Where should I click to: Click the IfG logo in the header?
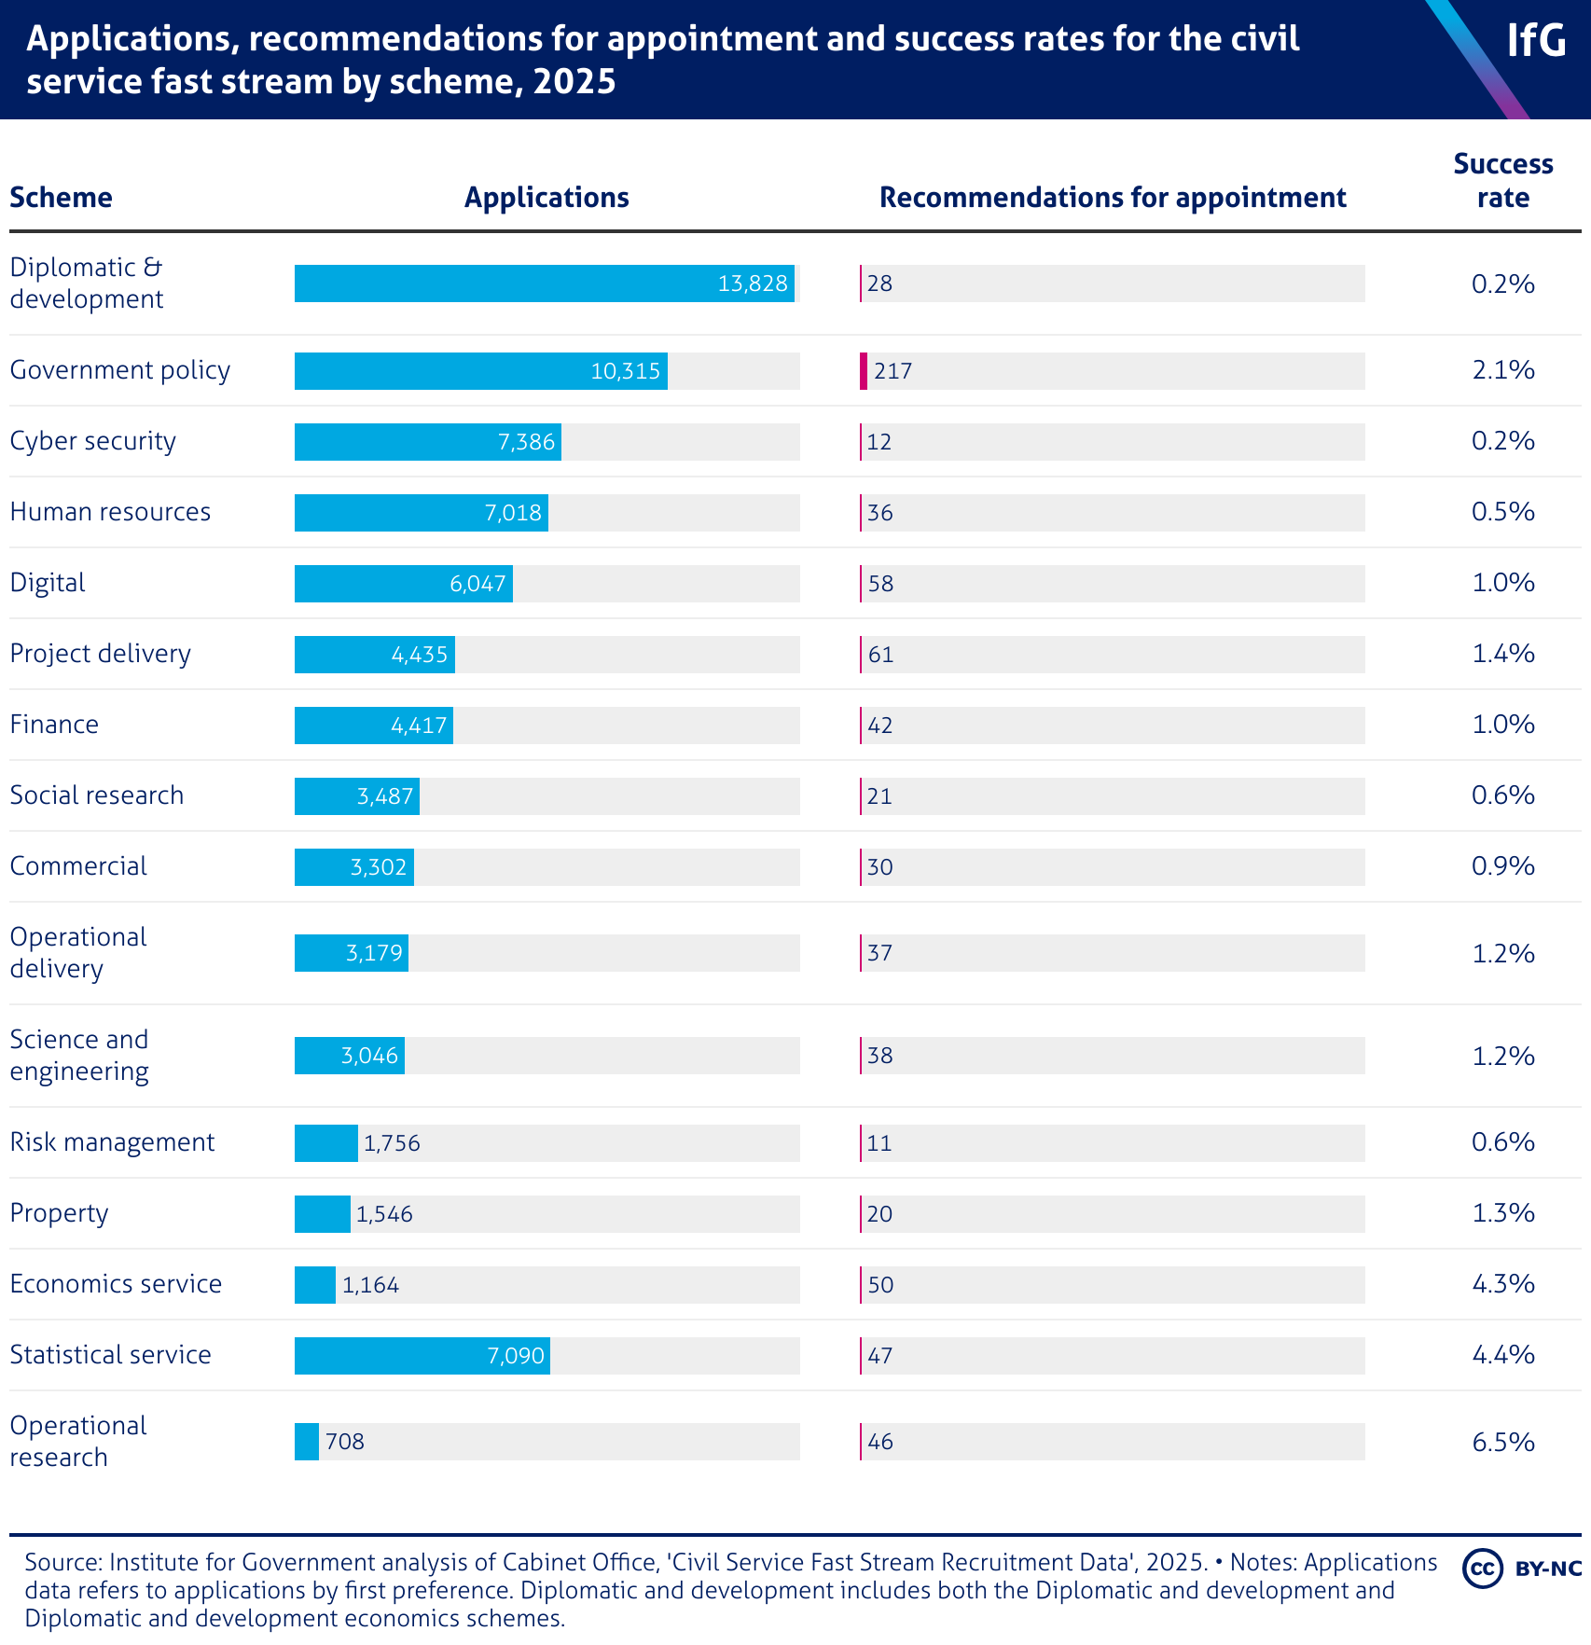(1536, 41)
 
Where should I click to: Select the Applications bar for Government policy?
(480, 371)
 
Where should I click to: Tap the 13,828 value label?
(753, 283)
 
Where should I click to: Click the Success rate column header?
(1502, 181)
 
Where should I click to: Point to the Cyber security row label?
(92, 441)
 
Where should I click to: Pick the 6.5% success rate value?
(1502, 1442)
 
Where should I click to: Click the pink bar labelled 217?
(864, 371)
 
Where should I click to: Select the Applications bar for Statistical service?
(422, 1356)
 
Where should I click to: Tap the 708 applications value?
(345, 1442)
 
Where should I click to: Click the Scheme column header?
(61, 198)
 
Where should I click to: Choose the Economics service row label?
(116, 1284)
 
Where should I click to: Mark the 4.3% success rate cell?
(1502, 1284)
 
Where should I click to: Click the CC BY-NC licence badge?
(1521, 1569)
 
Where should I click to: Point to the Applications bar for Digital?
(403, 584)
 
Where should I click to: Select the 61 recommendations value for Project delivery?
(880, 655)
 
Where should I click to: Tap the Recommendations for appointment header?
(1113, 198)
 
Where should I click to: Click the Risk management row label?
(112, 1142)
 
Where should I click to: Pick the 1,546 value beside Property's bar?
(384, 1214)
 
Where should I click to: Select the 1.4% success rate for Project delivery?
(1502, 654)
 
